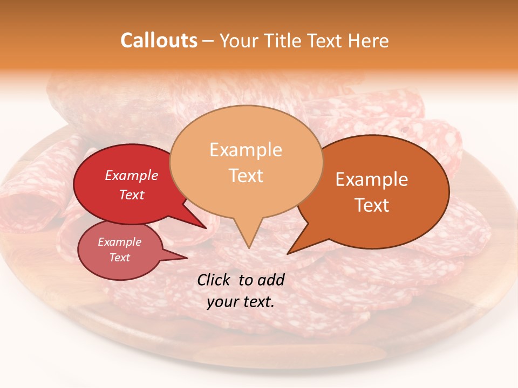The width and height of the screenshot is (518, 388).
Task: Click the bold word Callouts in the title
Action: (x=159, y=40)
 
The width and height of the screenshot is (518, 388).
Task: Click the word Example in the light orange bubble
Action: (x=246, y=150)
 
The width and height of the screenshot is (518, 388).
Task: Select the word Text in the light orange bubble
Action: (x=246, y=176)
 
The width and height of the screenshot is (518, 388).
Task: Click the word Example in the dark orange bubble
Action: (x=372, y=179)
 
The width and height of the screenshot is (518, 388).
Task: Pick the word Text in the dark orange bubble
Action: (x=372, y=205)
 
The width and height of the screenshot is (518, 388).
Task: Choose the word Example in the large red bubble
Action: (x=131, y=175)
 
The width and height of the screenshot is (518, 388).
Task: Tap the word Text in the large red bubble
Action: (x=131, y=195)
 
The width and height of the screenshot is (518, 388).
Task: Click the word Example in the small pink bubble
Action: (x=119, y=242)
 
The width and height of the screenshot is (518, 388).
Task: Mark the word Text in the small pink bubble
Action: (x=119, y=258)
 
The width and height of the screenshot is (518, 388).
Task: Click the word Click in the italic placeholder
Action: (x=214, y=280)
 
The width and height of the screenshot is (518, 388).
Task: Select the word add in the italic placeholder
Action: (x=271, y=280)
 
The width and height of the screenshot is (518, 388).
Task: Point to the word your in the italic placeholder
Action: (x=223, y=302)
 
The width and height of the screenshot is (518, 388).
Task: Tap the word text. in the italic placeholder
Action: (x=258, y=302)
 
